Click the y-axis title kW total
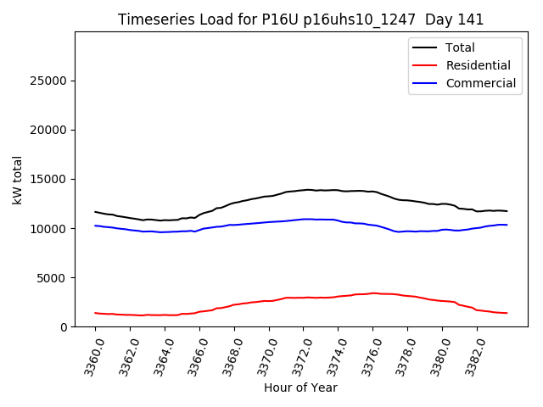(17, 180)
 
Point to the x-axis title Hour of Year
(300, 387)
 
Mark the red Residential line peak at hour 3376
(372, 293)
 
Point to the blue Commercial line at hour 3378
(407, 231)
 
